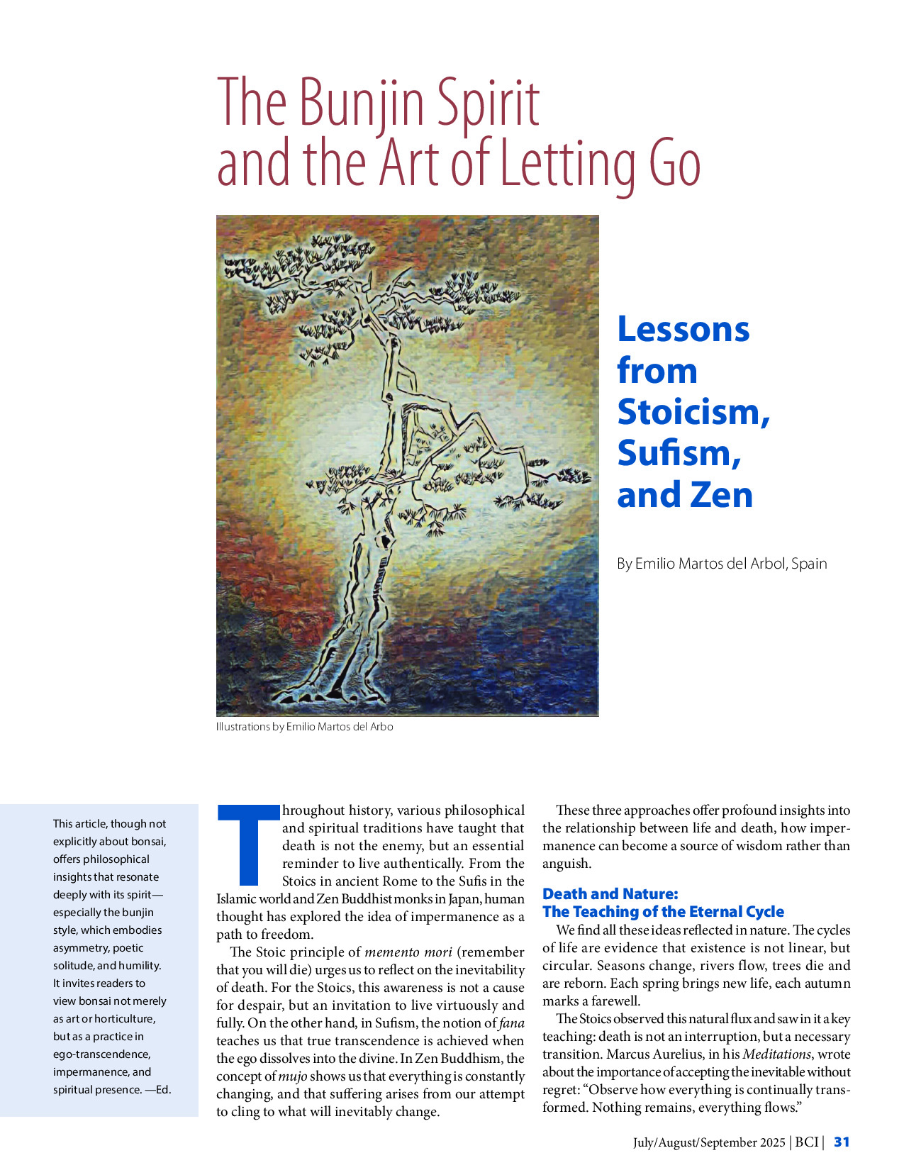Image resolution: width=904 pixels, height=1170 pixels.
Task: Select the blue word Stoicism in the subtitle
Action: [693, 412]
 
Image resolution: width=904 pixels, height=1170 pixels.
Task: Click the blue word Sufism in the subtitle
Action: [679, 453]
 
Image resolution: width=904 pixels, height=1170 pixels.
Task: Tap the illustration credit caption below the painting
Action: [304, 727]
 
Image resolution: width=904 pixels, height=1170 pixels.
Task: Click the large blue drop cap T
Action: [248, 844]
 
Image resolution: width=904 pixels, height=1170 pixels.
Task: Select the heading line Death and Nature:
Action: [610, 894]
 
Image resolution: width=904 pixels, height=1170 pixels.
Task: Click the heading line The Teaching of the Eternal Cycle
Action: [663, 912]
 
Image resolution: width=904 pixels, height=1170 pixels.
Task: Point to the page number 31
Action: [842, 1142]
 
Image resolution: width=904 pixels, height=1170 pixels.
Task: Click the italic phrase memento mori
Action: [408, 952]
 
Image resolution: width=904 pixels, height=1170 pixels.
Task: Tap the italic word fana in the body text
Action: [511, 1023]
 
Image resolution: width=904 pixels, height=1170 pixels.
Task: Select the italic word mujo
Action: [293, 1076]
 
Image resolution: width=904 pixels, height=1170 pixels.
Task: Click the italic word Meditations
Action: [776, 1054]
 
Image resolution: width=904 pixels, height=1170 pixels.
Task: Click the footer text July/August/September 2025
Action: [709, 1142]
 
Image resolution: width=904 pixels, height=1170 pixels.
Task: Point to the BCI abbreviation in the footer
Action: [806, 1142]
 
